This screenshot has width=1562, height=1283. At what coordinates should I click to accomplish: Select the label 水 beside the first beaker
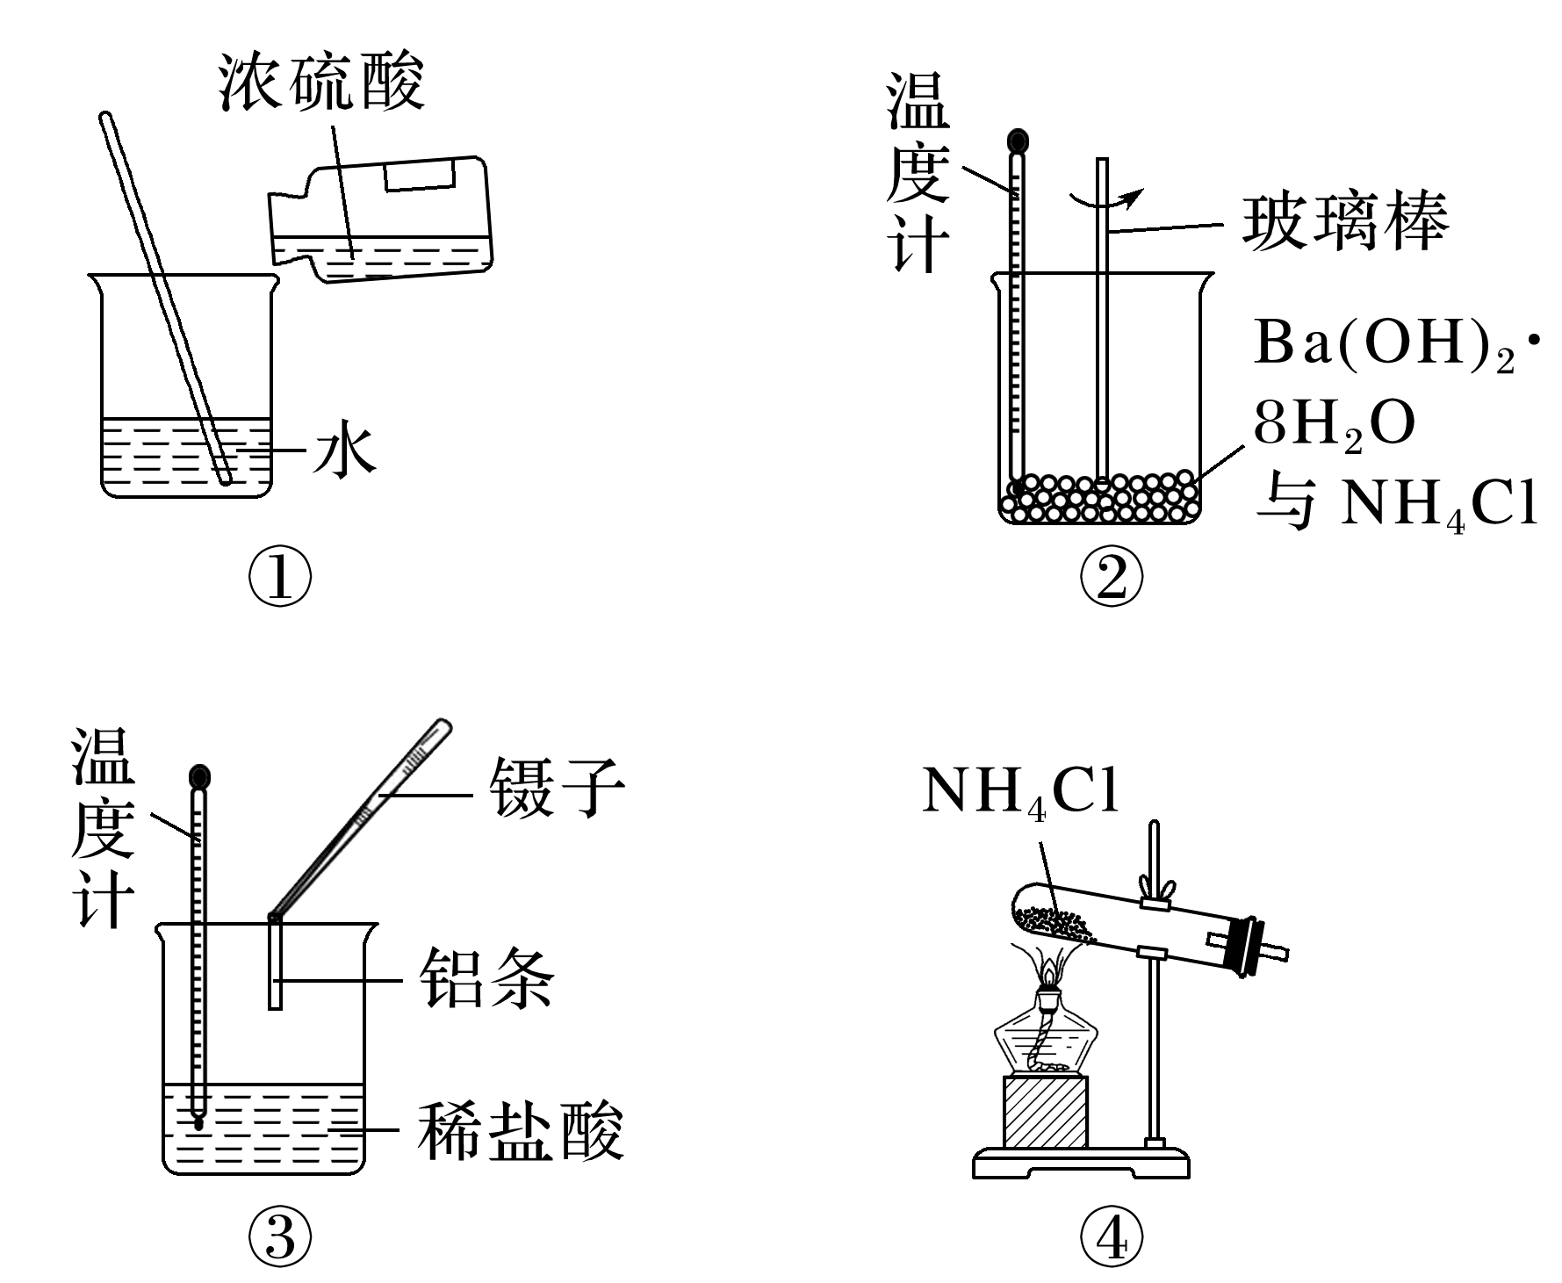(x=345, y=451)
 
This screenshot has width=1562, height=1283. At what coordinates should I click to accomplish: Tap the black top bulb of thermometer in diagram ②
(x=1018, y=141)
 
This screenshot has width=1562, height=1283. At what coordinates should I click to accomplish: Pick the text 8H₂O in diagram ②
(x=1334, y=427)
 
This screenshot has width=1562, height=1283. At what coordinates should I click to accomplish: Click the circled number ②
(x=1112, y=579)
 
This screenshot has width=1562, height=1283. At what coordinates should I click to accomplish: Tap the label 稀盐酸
(x=520, y=1131)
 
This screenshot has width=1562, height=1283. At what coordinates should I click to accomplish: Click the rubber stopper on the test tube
(x=1247, y=946)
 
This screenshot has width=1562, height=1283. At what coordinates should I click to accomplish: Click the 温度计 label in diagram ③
(x=103, y=826)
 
